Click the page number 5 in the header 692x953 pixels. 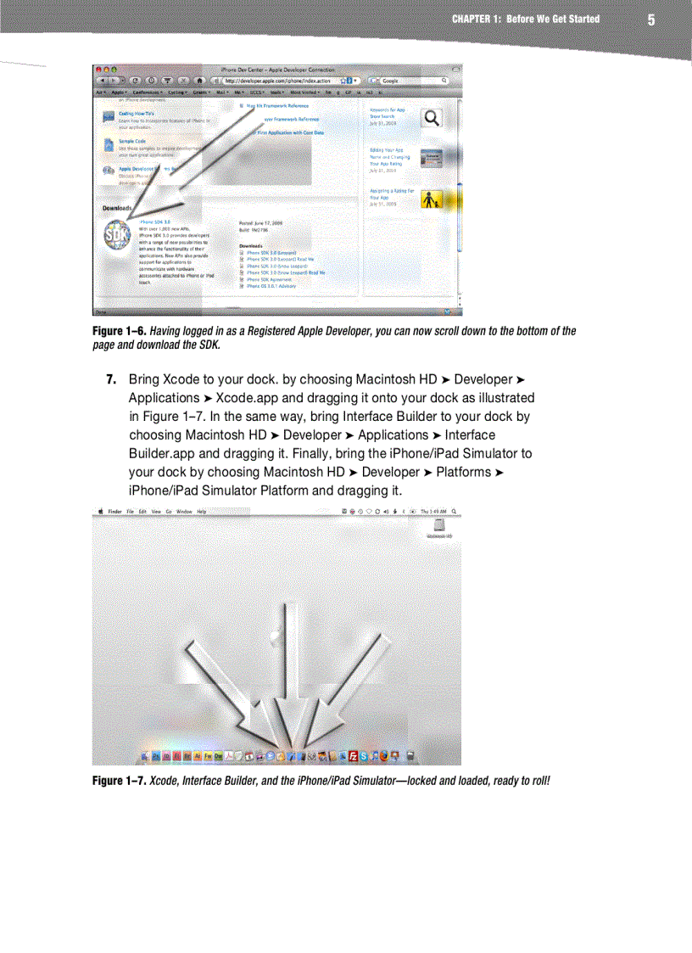coord(650,20)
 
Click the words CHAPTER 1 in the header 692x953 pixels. coord(476,19)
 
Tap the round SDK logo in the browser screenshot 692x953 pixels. coord(117,238)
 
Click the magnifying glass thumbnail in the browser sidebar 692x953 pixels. coord(432,118)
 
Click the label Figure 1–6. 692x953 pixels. coord(119,331)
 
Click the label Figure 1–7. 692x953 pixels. coord(119,780)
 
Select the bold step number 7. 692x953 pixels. coord(110,379)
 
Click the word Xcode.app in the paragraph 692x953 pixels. coord(245,398)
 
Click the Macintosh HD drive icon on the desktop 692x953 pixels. coord(439,527)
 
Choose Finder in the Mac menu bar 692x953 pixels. coord(114,512)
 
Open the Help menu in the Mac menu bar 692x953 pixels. coord(202,512)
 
